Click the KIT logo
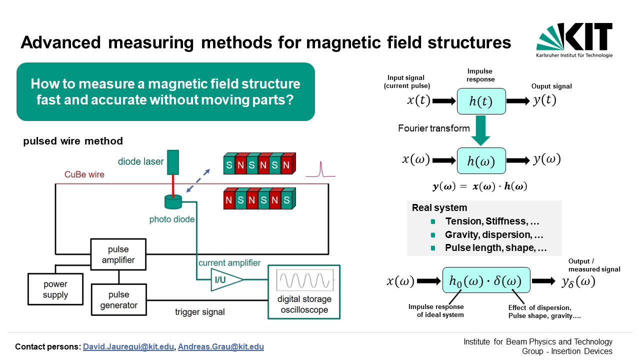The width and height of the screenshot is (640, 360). pos(574,40)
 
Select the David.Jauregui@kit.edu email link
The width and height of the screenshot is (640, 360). pos(128,347)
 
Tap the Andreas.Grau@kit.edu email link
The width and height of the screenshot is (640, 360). pos(221,347)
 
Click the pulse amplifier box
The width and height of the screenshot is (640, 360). pos(118,254)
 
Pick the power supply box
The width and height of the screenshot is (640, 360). pos(55,289)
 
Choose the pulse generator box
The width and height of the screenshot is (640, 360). pos(119,299)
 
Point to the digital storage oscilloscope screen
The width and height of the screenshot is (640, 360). pos(305,279)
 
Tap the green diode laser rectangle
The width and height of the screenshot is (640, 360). pos(173,162)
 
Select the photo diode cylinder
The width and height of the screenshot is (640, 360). pos(173,201)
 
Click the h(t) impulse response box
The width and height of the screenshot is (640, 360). pos(481,101)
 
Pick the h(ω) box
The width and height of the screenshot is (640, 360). pos(481,161)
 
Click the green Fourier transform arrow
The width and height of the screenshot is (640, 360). pos(481,130)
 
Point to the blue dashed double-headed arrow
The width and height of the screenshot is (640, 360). pos(198,180)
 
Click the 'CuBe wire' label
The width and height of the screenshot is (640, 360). pos(84,174)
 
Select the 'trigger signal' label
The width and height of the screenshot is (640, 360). pos(199,311)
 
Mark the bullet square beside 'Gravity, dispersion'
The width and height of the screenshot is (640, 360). pos(433,235)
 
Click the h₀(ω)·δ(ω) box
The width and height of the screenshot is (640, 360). pos(486,280)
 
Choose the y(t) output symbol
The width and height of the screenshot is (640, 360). pos(544,100)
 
